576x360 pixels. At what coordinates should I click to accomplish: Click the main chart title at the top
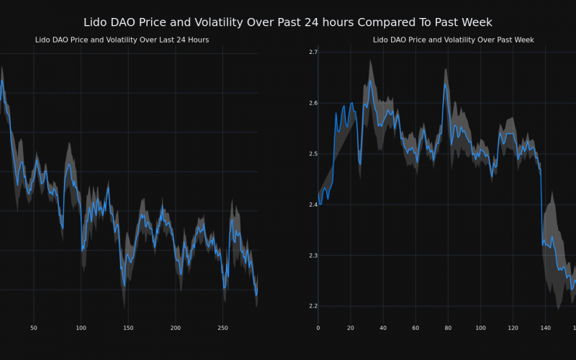[288, 22]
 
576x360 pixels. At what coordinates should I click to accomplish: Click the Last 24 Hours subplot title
[122, 40]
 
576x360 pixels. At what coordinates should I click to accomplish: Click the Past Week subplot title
[439, 40]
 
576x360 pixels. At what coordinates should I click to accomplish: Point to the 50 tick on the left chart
[34, 328]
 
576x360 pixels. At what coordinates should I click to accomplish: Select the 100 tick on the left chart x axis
[81, 328]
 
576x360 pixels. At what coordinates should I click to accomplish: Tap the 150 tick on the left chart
[128, 328]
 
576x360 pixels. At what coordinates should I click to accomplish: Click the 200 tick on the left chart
[176, 328]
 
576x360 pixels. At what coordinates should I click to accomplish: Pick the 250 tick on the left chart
[222, 328]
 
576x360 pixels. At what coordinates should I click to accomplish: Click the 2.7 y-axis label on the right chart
[312, 53]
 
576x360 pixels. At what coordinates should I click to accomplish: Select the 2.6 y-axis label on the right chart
[312, 103]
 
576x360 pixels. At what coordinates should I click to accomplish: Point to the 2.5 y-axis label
[312, 154]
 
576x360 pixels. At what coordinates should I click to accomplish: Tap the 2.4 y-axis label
[312, 204]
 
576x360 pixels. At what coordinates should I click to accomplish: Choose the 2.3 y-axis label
[312, 256]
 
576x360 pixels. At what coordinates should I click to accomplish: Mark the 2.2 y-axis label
[312, 306]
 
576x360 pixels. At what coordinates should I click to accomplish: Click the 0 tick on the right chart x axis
[318, 328]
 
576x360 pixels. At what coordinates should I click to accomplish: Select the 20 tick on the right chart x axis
[351, 328]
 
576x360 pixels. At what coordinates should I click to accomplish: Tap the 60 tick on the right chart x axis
[415, 328]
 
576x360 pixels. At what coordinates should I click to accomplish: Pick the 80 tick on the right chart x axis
[448, 328]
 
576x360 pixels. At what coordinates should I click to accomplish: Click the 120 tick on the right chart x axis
[513, 328]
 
